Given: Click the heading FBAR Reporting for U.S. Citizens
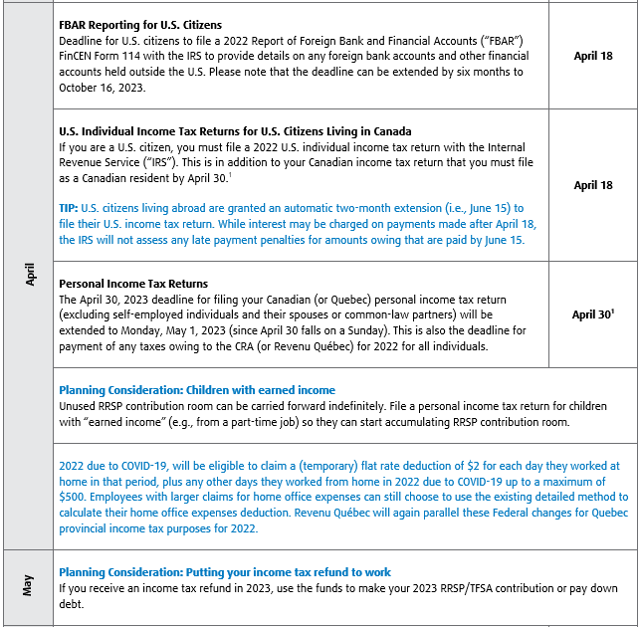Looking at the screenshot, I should pyautogui.click(x=140, y=24).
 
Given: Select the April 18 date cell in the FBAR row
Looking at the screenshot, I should pyautogui.click(x=593, y=56).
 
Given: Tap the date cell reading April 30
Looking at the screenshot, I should pyautogui.click(x=592, y=314).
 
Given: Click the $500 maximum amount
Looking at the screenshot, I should pyautogui.click(x=77, y=497).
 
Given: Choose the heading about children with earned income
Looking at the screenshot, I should pyautogui.click(x=197, y=389).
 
